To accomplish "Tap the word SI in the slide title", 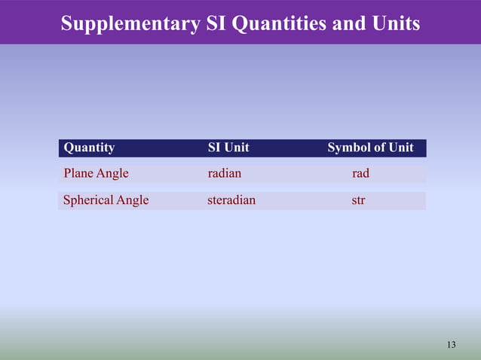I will [217, 24].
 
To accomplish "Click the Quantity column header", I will [90, 148].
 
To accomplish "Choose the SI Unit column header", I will [228, 148].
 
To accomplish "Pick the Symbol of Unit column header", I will [370, 148].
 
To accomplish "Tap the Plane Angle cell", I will [97, 173].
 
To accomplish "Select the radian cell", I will [225, 173].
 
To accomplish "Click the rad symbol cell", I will [360, 173].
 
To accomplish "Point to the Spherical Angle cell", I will [106, 200].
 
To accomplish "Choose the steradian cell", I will [231, 200].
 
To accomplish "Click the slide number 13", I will [451, 345].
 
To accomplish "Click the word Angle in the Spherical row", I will [133, 200].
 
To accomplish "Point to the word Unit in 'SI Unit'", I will [236, 148].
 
